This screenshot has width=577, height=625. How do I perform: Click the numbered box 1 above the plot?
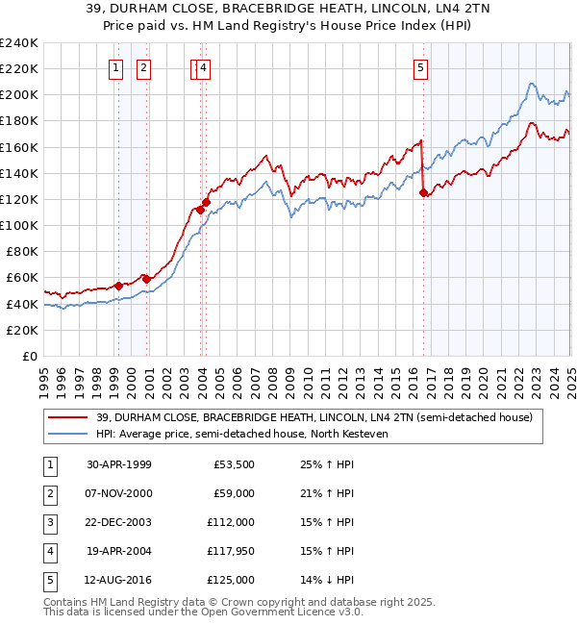tap(115, 67)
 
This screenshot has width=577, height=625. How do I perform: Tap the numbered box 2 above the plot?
tap(142, 67)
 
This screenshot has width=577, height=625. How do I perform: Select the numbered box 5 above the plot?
tap(421, 67)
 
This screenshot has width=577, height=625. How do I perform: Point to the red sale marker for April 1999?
tap(118, 286)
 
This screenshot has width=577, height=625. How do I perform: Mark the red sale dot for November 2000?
tap(145, 279)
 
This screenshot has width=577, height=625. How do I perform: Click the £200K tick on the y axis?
tap(19, 95)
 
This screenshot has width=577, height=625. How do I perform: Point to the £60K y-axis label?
tap(22, 278)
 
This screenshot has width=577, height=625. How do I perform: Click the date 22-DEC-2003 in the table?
tap(119, 522)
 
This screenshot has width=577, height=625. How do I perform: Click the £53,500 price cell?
tap(233, 464)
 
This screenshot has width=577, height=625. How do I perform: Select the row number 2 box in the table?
tap(49, 493)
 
